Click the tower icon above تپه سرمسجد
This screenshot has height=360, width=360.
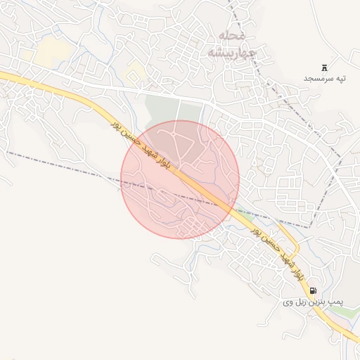(x=324, y=67)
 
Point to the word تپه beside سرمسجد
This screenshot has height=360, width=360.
(x=341, y=78)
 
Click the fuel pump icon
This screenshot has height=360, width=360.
(x=312, y=290)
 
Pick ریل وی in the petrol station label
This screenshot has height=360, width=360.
(x=293, y=302)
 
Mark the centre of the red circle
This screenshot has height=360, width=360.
(x=180, y=179)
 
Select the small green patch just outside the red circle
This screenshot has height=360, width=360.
(x=243, y=210)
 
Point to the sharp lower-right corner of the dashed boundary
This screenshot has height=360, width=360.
(x=310, y=226)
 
